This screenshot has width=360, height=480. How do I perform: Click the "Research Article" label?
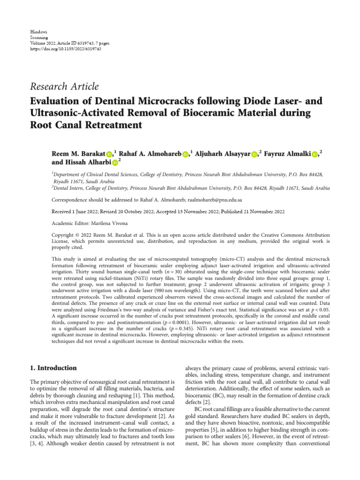pyautogui.click(x=64, y=86)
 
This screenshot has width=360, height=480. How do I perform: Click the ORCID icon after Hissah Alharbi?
pyautogui.click(x=115, y=163)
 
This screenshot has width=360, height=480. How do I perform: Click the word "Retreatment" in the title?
pyautogui.click(x=111, y=125)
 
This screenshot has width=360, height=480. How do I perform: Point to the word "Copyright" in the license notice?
pyautogui.click(x=63, y=235)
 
